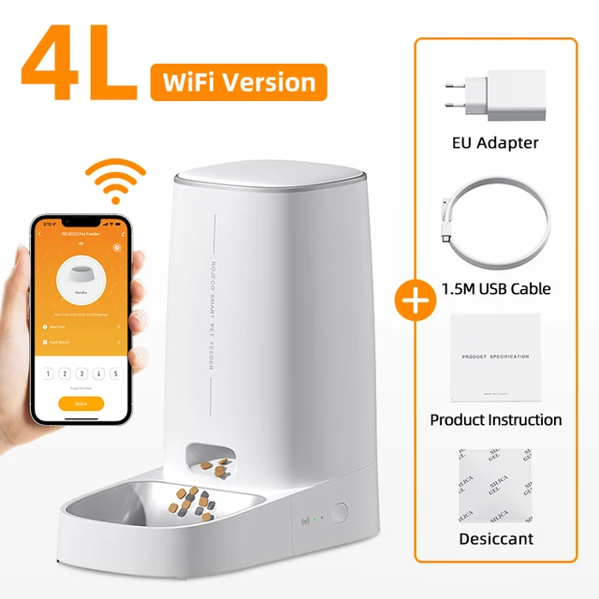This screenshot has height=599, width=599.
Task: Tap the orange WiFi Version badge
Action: tap(238, 82)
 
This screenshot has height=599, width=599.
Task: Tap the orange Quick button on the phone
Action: tap(80, 402)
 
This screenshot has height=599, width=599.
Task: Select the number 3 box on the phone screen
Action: tap(81, 373)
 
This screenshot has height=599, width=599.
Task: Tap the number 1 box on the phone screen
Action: tap(48, 373)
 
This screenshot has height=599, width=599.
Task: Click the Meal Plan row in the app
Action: tap(80, 327)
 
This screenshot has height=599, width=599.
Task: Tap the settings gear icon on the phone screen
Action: tap(117, 247)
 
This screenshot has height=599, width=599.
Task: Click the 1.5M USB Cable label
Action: tap(495, 288)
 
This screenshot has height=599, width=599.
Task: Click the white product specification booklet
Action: tap(495, 358)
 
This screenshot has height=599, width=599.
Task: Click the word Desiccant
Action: tap(495, 539)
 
